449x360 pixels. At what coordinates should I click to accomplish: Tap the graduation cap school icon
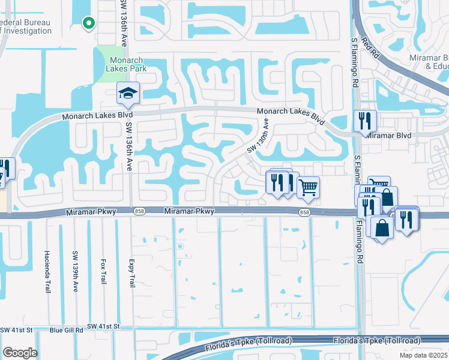(128, 93)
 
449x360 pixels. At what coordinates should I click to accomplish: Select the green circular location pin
(89, 23)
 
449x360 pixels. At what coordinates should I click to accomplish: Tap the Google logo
(20, 353)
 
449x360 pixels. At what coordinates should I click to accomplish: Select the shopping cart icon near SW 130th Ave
(308, 187)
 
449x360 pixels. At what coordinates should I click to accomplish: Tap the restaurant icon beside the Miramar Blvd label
(364, 121)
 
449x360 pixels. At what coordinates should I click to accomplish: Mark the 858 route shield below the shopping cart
(304, 212)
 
